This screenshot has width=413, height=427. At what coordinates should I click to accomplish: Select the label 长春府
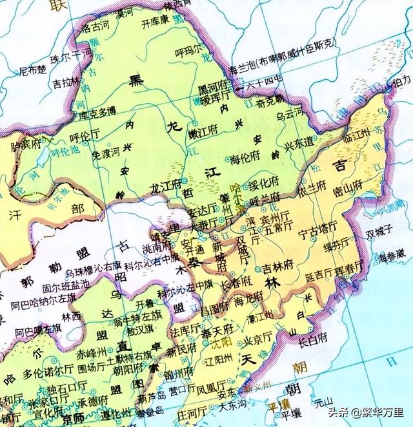(x=236, y=284)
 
